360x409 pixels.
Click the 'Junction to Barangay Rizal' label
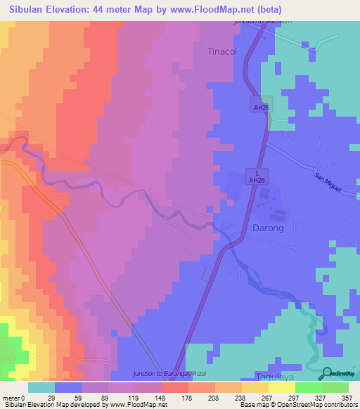point(173,373)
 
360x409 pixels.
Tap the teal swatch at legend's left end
point(41,387)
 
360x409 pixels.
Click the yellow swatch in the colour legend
point(282,387)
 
